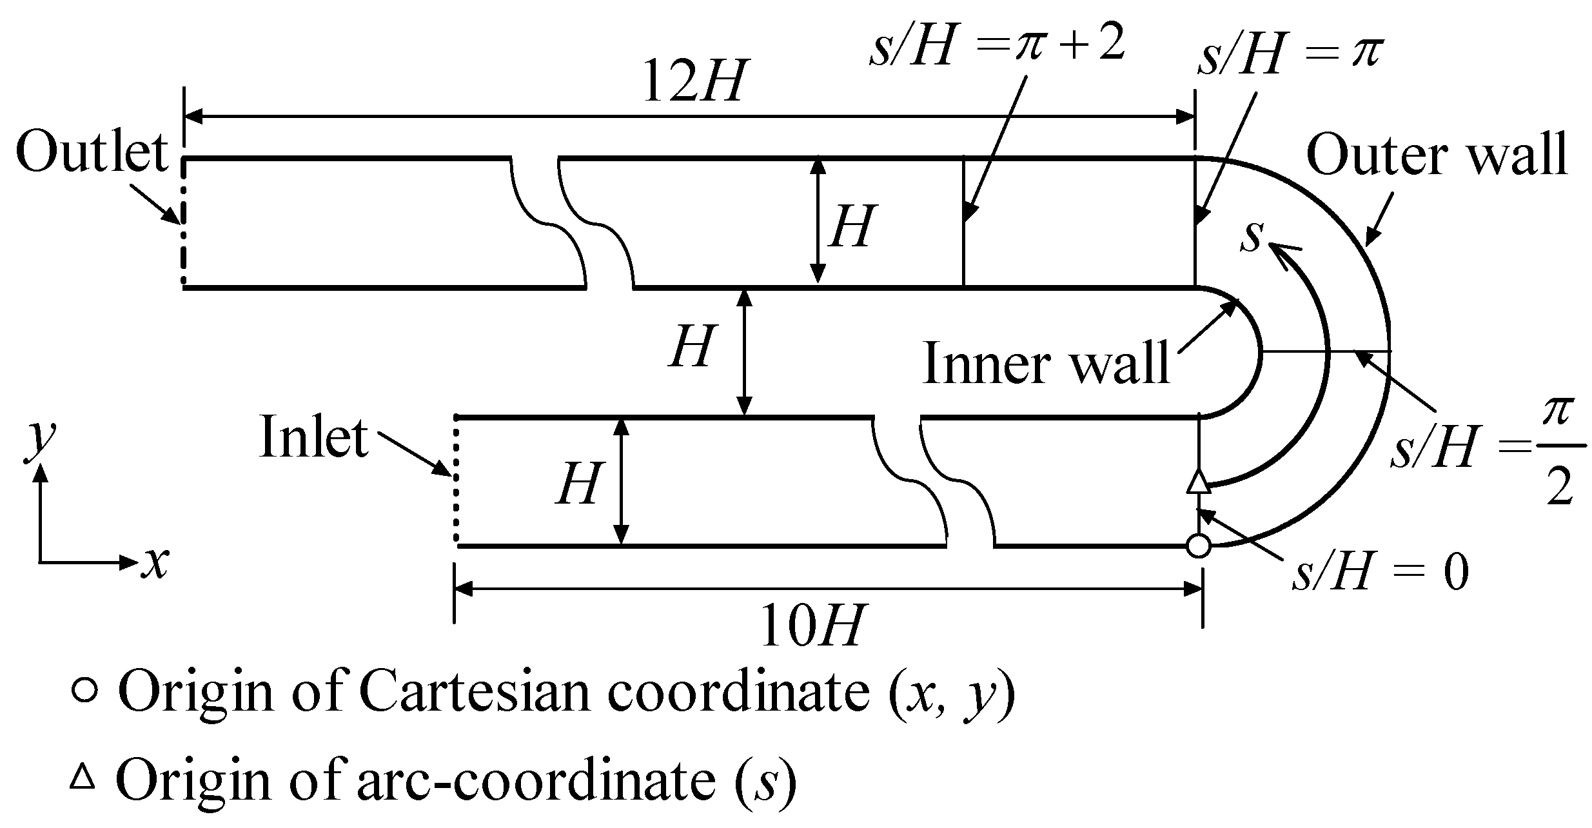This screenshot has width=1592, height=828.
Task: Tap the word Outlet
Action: pos(92,153)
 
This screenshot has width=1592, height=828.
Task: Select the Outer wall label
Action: pos(1437,155)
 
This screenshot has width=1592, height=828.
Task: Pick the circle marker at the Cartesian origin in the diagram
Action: pos(1199,546)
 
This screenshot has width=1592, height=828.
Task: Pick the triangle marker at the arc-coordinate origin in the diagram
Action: pos(1199,482)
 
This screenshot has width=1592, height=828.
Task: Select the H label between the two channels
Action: pos(692,346)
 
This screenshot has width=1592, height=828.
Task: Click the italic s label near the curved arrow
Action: pos(1252,236)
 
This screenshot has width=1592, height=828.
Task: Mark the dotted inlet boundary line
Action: pos(455,480)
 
